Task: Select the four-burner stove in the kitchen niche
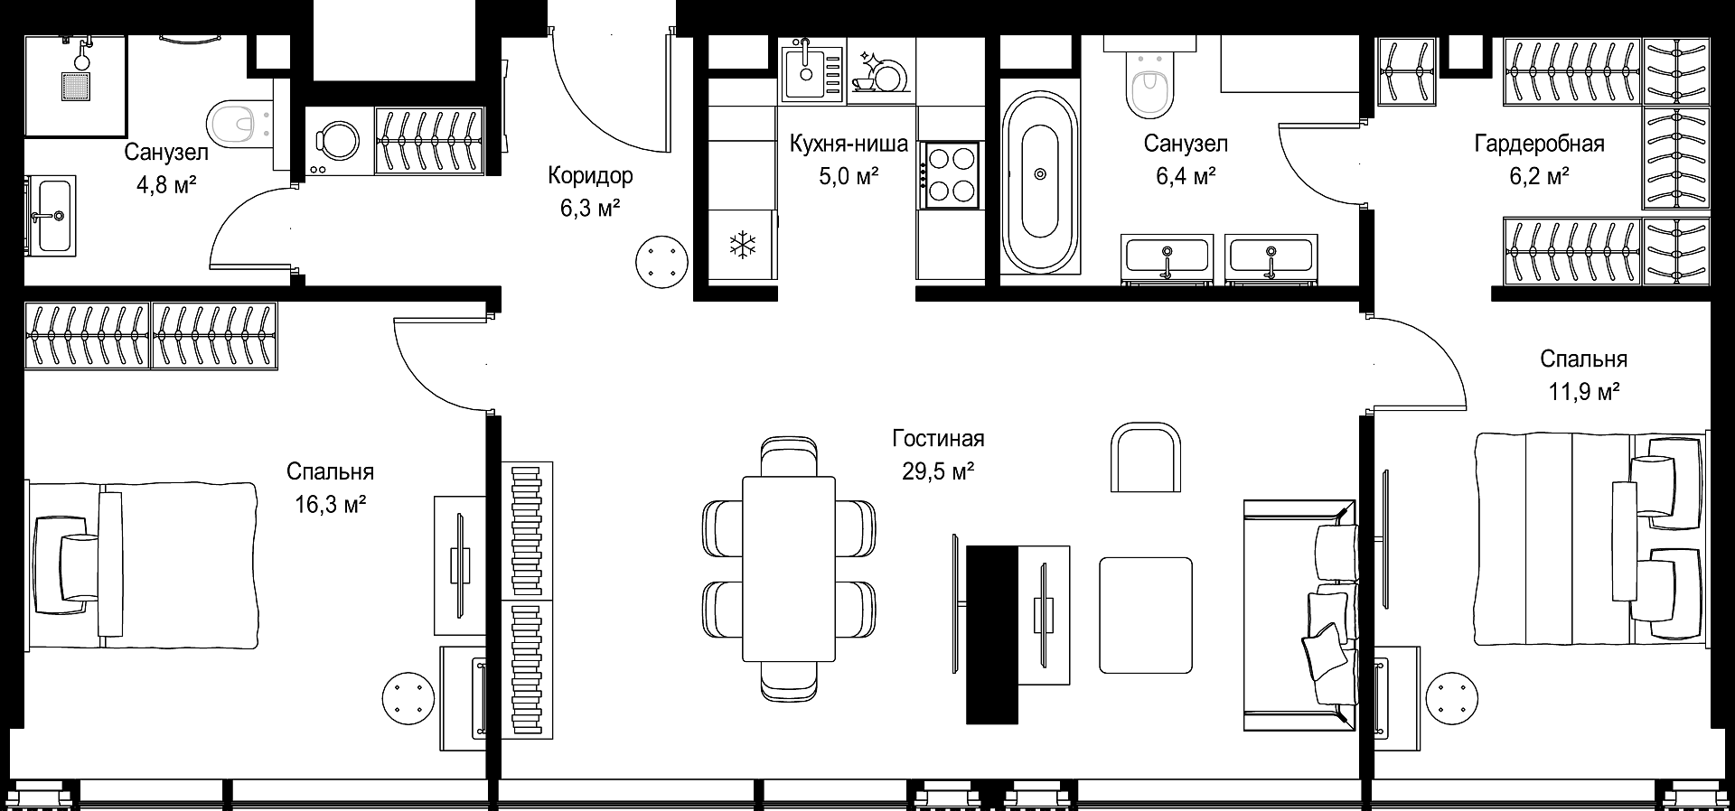(950, 175)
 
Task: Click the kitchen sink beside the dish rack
(812, 72)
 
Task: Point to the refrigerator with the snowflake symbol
(742, 244)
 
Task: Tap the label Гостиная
(938, 439)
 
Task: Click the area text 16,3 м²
(330, 504)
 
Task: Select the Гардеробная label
(1539, 144)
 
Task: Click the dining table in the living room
(789, 568)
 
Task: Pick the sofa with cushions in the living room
(1299, 616)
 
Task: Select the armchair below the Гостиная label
(1145, 458)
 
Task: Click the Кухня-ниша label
(848, 144)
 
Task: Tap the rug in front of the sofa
(1146, 615)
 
